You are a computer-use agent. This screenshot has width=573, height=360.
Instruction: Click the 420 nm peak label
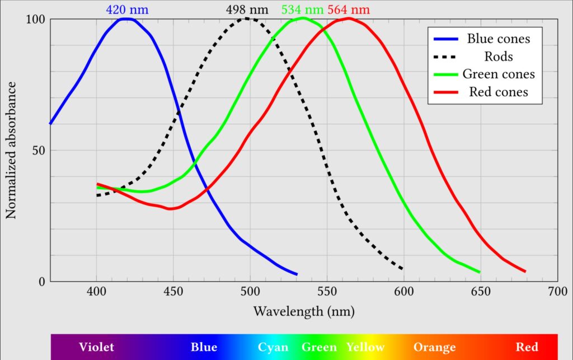(x=128, y=10)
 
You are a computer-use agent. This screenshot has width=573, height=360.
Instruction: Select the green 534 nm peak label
(x=303, y=10)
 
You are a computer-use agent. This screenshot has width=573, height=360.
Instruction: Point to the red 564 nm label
(x=349, y=10)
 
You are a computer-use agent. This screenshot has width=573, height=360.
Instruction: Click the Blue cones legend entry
(x=498, y=39)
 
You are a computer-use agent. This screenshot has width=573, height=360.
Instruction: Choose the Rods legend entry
(x=498, y=57)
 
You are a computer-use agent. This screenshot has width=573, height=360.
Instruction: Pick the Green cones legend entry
(x=498, y=74)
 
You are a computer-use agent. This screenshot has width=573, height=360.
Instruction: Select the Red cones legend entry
(x=498, y=92)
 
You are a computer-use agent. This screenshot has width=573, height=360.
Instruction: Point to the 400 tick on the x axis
(x=97, y=292)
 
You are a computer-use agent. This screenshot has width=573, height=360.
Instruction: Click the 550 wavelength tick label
(x=326, y=292)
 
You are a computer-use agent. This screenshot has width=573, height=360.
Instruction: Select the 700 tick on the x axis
(x=556, y=292)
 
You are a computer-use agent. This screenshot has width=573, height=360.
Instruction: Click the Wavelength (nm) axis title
(x=304, y=311)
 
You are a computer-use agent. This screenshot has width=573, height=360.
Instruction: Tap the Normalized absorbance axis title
(x=11, y=150)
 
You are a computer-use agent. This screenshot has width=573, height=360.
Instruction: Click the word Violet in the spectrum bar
(x=96, y=347)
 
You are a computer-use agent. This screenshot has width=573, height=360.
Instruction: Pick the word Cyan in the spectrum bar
(x=273, y=347)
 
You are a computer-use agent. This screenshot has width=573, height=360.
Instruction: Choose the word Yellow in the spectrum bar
(x=365, y=347)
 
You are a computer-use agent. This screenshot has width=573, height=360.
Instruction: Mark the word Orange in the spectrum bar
(x=434, y=347)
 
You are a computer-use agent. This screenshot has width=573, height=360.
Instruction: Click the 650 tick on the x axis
(x=480, y=292)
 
